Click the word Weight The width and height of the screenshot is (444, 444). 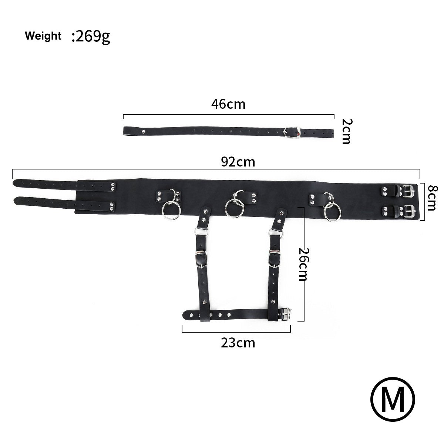tap(43, 36)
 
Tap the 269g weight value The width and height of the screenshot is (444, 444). tap(91, 37)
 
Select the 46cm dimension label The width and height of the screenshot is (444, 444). tap(228, 104)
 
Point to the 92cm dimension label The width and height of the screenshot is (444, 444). tap(238, 162)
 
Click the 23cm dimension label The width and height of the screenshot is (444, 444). tap(238, 343)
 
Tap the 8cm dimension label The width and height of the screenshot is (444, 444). tap(432, 198)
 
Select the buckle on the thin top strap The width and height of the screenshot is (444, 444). tap(291, 132)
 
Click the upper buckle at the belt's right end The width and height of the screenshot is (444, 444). tap(408, 191)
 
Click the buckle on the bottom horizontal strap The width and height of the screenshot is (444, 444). tap(285, 315)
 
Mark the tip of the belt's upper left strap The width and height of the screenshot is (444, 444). tap(16, 183)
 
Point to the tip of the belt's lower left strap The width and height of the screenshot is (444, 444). tap(16, 201)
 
